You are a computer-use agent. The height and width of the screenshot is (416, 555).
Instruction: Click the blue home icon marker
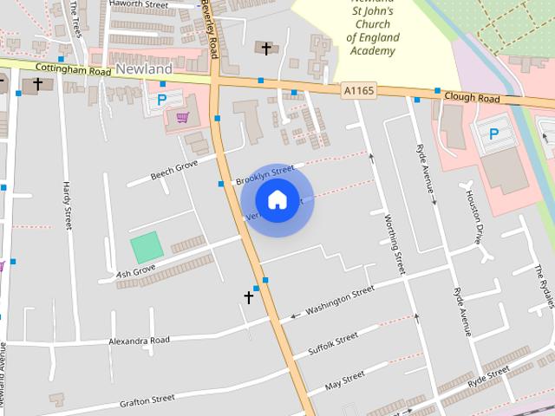pyautogui.click(x=277, y=199)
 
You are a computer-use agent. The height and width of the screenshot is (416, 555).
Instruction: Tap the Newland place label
pyautogui.click(x=143, y=68)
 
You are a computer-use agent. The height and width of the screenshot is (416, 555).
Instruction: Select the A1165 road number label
pyautogui.click(x=359, y=89)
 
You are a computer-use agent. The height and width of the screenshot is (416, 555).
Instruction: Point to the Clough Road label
pyautogui.click(x=472, y=98)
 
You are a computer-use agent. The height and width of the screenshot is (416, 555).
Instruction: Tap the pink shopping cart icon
pyautogui.click(x=182, y=118)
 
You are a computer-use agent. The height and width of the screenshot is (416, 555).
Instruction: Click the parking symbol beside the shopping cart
pyautogui.click(x=162, y=101)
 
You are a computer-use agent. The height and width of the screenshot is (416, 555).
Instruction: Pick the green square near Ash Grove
pyautogui.click(x=147, y=248)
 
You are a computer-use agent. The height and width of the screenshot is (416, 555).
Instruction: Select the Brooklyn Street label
pyautogui.click(x=264, y=174)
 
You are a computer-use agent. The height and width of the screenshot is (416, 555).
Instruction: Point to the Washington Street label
pyautogui.click(x=339, y=301)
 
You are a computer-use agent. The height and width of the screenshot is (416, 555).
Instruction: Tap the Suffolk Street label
pyautogui.click(x=333, y=344)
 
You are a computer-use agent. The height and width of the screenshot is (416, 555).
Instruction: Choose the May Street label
pyautogui.click(x=344, y=380)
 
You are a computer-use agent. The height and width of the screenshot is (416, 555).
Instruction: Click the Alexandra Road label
pyautogui.click(x=139, y=341)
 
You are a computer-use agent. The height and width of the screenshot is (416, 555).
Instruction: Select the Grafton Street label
pyautogui.click(x=147, y=400)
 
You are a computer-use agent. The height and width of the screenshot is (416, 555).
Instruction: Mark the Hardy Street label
pyautogui.click(x=67, y=205)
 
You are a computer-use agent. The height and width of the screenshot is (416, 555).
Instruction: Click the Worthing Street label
pyautogui.click(x=394, y=244)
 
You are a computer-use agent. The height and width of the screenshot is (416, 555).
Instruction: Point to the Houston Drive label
pyautogui.click(x=474, y=218)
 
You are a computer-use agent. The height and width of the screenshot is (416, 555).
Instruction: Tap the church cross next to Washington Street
pyautogui.click(x=249, y=297)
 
